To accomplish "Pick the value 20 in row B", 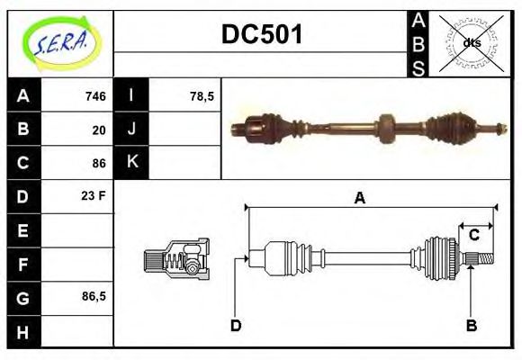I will click(x=99, y=130).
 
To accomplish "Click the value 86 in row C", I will click(x=99, y=164).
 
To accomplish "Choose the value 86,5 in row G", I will click(x=94, y=296).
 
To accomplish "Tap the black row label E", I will click(x=23, y=231).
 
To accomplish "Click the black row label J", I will click(x=131, y=130).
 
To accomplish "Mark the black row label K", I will click(x=131, y=164).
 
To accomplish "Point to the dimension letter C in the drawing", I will click(x=473, y=236).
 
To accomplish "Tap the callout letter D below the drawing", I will click(x=236, y=325).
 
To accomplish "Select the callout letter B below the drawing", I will click(x=471, y=325).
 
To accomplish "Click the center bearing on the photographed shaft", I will click(x=388, y=130).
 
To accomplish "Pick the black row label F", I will click(x=23, y=265).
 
